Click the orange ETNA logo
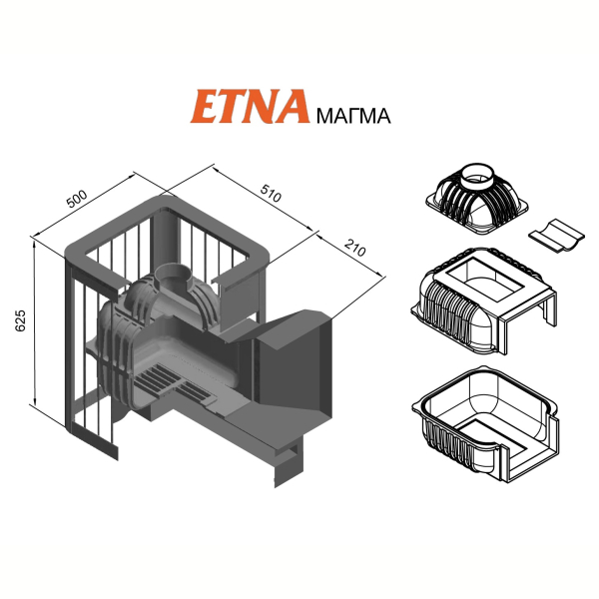(250, 106)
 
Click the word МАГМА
(353, 116)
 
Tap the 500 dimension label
(77, 199)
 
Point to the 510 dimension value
(271, 193)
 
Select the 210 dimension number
(355, 248)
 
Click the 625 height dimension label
(20, 320)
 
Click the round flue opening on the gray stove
(173, 276)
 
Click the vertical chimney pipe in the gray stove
(165, 238)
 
